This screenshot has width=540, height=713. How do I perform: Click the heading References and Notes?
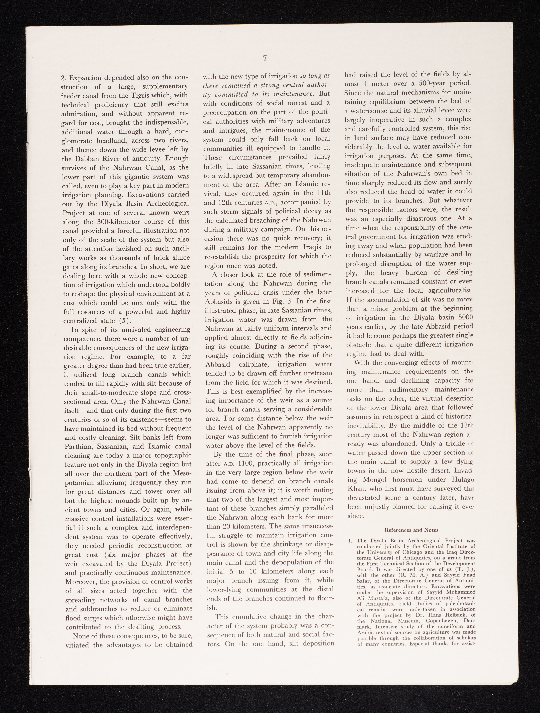point(411,530)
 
